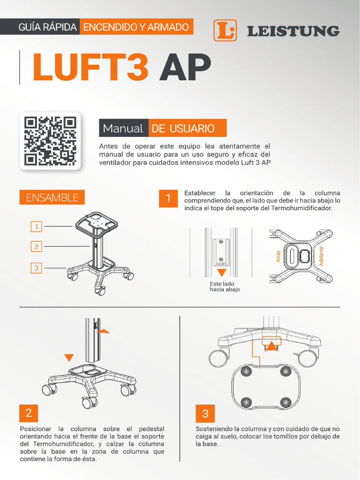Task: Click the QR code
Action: pos(50,141)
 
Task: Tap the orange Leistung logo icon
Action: pos(225,30)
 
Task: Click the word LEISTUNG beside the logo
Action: pos(293,31)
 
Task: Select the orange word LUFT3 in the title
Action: pos(90,67)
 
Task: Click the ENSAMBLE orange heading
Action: pos(52,197)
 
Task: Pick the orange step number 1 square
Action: pos(168,198)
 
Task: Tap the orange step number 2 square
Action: pos(29,413)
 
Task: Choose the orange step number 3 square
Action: pos(205,413)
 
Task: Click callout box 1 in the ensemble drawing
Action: pos(36,226)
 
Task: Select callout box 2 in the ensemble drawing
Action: pos(36,246)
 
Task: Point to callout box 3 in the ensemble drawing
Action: pos(36,268)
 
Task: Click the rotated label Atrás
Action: pos(278,256)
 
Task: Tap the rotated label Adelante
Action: pos(321,256)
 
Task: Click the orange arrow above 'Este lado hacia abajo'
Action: pos(222,272)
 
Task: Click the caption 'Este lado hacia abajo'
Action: pos(225,287)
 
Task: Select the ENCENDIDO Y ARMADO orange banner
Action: pos(136,27)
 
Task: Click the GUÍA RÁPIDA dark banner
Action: pos(47,27)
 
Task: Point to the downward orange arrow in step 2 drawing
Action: pos(69,358)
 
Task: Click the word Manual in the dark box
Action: pos(123,128)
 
